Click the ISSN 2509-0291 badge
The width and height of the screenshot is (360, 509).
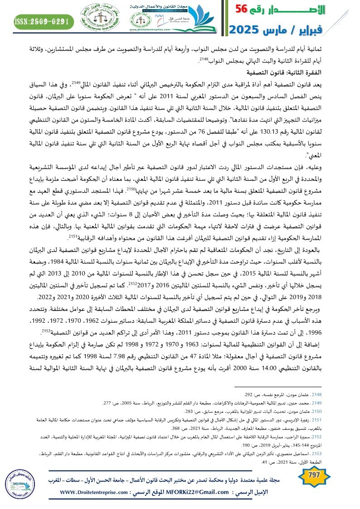tap(42, 21)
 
